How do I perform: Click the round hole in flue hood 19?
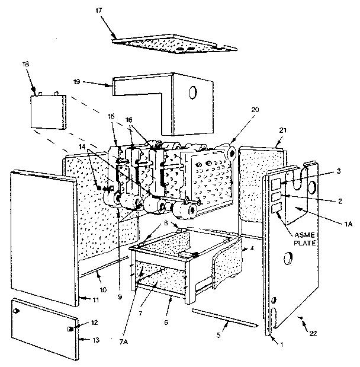tap(192, 92)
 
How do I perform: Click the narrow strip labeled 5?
tap(224, 316)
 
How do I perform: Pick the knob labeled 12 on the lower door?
tap(70, 328)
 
